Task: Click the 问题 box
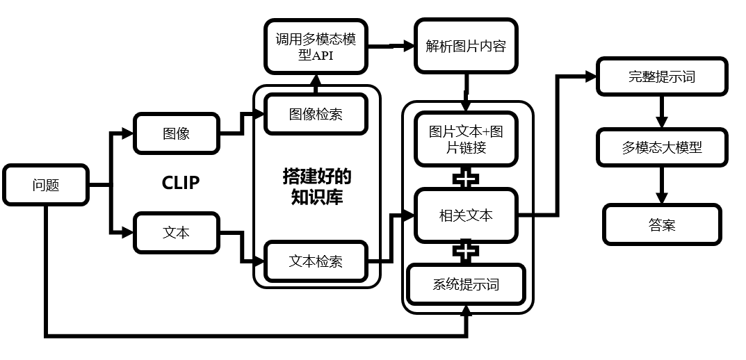coord(46,185)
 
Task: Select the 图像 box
coord(176,133)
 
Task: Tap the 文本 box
coord(176,232)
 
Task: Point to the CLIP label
coord(181,183)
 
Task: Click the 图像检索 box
coord(316,114)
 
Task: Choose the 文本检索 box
coord(316,262)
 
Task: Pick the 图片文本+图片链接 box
coord(466,140)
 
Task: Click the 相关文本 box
coord(466,215)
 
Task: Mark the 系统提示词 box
coord(466,284)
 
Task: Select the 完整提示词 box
coord(662,76)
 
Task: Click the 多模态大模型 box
coord(662,147)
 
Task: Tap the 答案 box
coord(662,224)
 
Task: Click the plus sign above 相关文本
coord(466,178)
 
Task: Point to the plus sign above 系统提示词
coord(466,251)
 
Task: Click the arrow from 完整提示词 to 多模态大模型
coord(662,111)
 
